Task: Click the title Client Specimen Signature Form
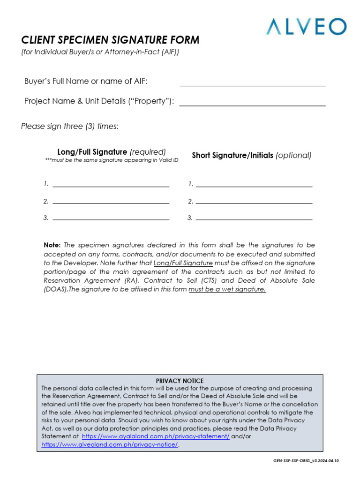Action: pos(110,40)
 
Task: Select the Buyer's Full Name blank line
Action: pos(252,82)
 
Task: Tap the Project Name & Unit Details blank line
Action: pos(252,102)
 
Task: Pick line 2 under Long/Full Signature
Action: pos(111,200)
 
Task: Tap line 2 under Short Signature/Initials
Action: pos(254,200)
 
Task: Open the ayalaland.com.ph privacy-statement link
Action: pos(156,436)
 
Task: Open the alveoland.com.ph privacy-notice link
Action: pos(110,444)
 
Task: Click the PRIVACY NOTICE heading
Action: pos(180,381)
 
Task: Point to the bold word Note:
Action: pos(52,245)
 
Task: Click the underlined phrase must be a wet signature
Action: pos(227,290)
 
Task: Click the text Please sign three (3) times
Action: pos(70,127)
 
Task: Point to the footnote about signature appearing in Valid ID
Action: pos(112,160)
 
